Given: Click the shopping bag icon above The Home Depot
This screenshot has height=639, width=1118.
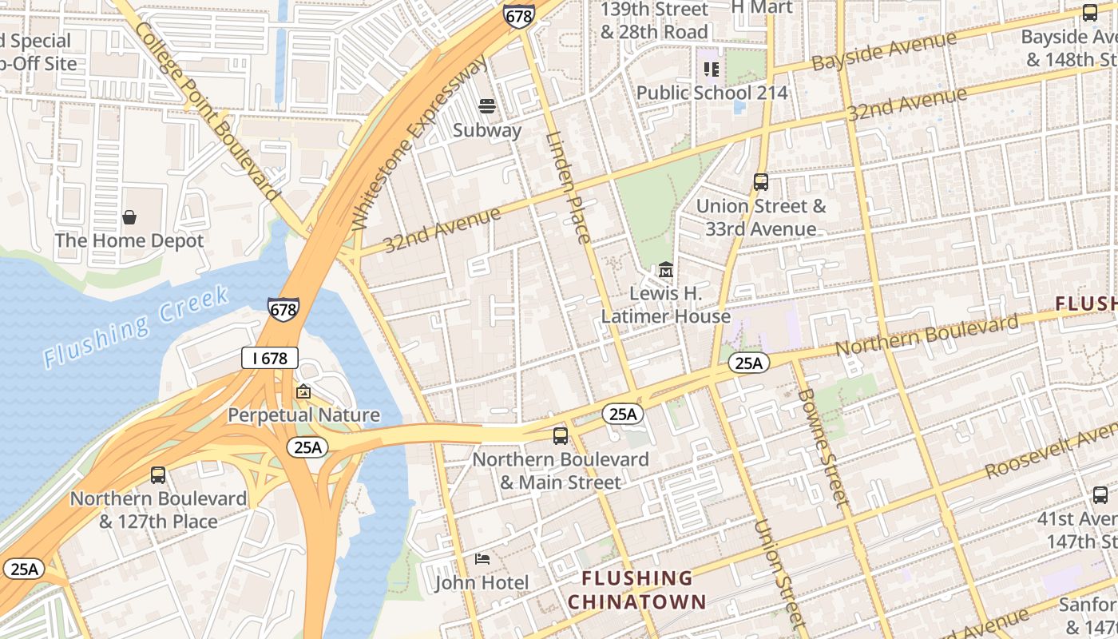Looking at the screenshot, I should tap(129, 216).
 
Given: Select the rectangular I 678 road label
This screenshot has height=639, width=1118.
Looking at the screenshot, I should tap(270, 358).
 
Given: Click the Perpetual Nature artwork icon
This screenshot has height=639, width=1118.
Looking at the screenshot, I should tap(303, 391).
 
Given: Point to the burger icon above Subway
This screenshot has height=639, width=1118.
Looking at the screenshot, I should tap(487, 105).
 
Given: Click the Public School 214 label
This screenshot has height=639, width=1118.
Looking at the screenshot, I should tap(712, 93).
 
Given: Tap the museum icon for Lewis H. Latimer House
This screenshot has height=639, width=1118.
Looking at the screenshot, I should tap(665, 270).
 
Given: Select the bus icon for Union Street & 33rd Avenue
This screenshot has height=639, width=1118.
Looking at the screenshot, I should tap(761, 182).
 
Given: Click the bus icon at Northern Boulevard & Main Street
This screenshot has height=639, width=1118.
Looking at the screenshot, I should tap(561, 436).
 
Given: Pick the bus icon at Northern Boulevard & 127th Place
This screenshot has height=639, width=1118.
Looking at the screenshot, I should tap(158, 475).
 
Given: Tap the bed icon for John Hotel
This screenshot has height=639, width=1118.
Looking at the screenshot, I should tap(482, 558).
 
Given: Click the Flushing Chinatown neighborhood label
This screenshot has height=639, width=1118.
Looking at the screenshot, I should tap(637, 589).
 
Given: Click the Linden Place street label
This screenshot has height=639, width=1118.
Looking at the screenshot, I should tap(568, 187).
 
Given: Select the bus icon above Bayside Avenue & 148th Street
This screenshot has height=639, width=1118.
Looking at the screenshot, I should tap(1090, 13).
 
